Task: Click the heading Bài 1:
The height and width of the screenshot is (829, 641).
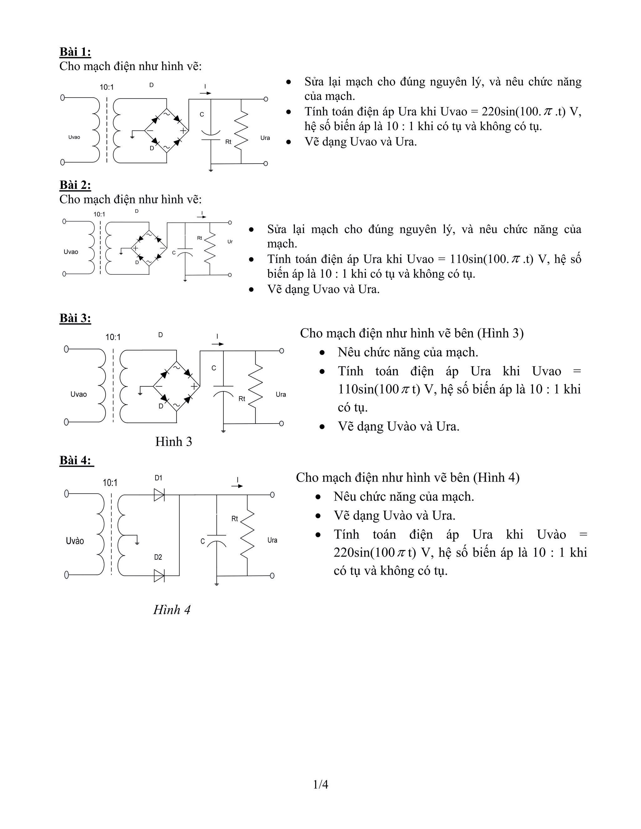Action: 75,52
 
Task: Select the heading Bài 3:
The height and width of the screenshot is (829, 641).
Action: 75,318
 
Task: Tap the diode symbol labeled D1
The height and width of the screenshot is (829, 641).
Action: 159,495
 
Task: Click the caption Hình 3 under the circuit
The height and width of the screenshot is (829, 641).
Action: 173,441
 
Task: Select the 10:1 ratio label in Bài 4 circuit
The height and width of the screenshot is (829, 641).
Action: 110,483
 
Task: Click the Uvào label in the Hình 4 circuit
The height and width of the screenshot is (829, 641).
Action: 75,541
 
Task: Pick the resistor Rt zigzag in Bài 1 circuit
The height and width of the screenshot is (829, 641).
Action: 241,127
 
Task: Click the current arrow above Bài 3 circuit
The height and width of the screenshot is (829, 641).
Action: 218,344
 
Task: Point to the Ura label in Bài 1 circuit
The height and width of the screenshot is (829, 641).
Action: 265,138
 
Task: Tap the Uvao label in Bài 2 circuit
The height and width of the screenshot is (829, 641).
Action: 71,252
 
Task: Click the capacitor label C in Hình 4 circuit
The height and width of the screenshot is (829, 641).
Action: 203,541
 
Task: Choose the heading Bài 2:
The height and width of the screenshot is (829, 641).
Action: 75,185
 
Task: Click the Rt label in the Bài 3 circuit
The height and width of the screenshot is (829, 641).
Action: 242,399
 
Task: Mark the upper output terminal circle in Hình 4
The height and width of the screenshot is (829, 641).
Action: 272,495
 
